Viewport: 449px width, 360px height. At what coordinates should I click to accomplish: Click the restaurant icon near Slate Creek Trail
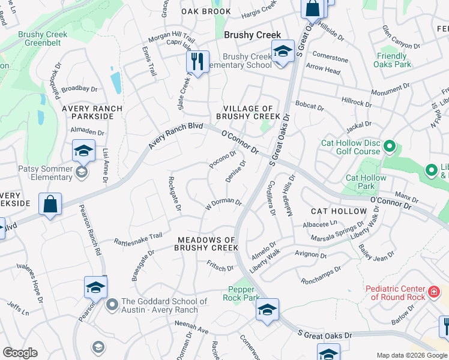[196, 61]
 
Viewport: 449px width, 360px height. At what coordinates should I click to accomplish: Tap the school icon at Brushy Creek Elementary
[282, 51]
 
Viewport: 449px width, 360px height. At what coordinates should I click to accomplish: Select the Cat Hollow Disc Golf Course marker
[390, 146]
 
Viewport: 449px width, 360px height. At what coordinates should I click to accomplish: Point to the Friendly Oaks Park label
[393, 60]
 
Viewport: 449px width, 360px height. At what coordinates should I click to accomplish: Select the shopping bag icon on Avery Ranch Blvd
[51, 203]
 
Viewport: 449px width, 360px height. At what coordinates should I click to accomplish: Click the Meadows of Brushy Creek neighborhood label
[207, 244]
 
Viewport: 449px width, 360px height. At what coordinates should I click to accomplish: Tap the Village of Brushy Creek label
[248, 112]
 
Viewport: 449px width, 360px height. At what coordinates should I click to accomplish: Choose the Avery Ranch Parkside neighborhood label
[92, 113]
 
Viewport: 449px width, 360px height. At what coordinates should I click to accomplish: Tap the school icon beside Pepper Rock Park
[267, 309]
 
